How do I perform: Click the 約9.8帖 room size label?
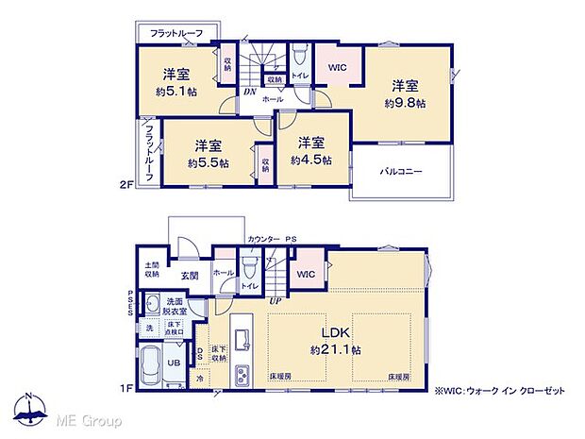point(406,103)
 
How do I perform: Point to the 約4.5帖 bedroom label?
point(311,160)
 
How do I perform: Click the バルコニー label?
point(401,172)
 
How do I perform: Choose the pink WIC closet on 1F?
point(306,274)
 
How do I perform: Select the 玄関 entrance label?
point(190,277)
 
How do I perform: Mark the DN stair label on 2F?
point(249,92)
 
